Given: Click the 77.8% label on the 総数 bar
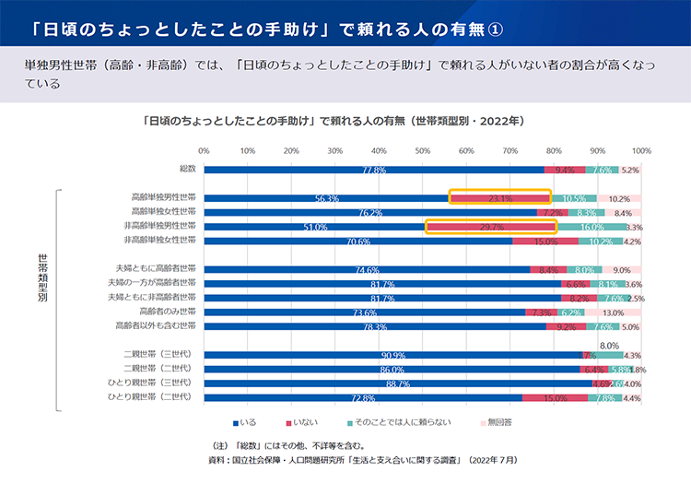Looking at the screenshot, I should click(x=373, y=171).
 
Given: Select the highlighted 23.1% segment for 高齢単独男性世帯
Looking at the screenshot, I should click(x=499, y=197).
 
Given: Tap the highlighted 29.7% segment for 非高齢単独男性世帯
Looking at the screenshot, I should click(x=491, y=226).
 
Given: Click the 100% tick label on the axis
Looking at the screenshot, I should click(x=641, y=149).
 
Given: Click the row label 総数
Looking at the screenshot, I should click(x=187, y=170).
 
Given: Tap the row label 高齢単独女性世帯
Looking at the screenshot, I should click(x=164, y=211).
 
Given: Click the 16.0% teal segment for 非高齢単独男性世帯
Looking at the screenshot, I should click(x=592, y=227).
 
